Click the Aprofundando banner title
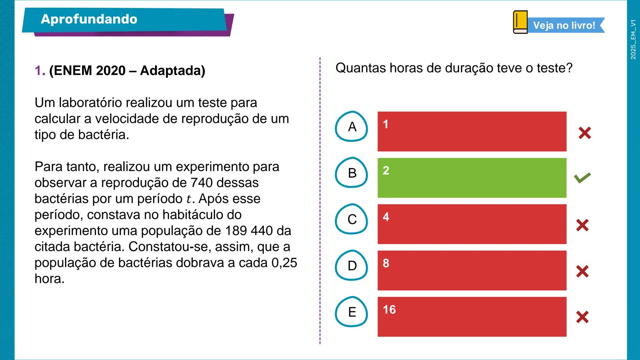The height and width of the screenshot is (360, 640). pos(89,19)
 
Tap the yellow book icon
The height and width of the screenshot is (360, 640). pos(520,22)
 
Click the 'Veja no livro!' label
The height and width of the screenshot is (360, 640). pos(564,25)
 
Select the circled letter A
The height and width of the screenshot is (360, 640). pos(352,127)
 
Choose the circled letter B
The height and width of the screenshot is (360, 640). pos(352,173)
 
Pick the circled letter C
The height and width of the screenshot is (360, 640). pos(352,219)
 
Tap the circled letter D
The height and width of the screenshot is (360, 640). pos(352,266)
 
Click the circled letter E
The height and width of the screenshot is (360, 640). pos(352,312)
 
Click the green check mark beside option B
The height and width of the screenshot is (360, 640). pos(582,178)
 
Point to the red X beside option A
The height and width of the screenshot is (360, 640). pos(585,133)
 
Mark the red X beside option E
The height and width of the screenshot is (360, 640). pos(582,317)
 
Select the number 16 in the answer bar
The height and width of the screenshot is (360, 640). pos(389,310)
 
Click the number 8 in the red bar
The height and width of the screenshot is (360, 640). pos(386,263)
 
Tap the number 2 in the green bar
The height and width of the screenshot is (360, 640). pos(386,171)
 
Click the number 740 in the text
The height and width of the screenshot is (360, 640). pos(202,183)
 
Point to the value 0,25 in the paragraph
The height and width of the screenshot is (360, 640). pos(284,263)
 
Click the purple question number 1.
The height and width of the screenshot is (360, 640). pos(40,71)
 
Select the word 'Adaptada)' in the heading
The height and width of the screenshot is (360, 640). pos(172,71)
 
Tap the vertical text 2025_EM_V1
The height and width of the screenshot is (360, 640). pos(633,39)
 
